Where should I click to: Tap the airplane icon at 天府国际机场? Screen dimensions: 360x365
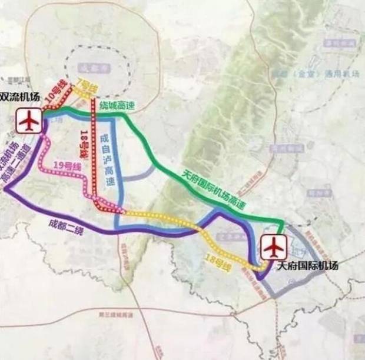pos(271,247)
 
